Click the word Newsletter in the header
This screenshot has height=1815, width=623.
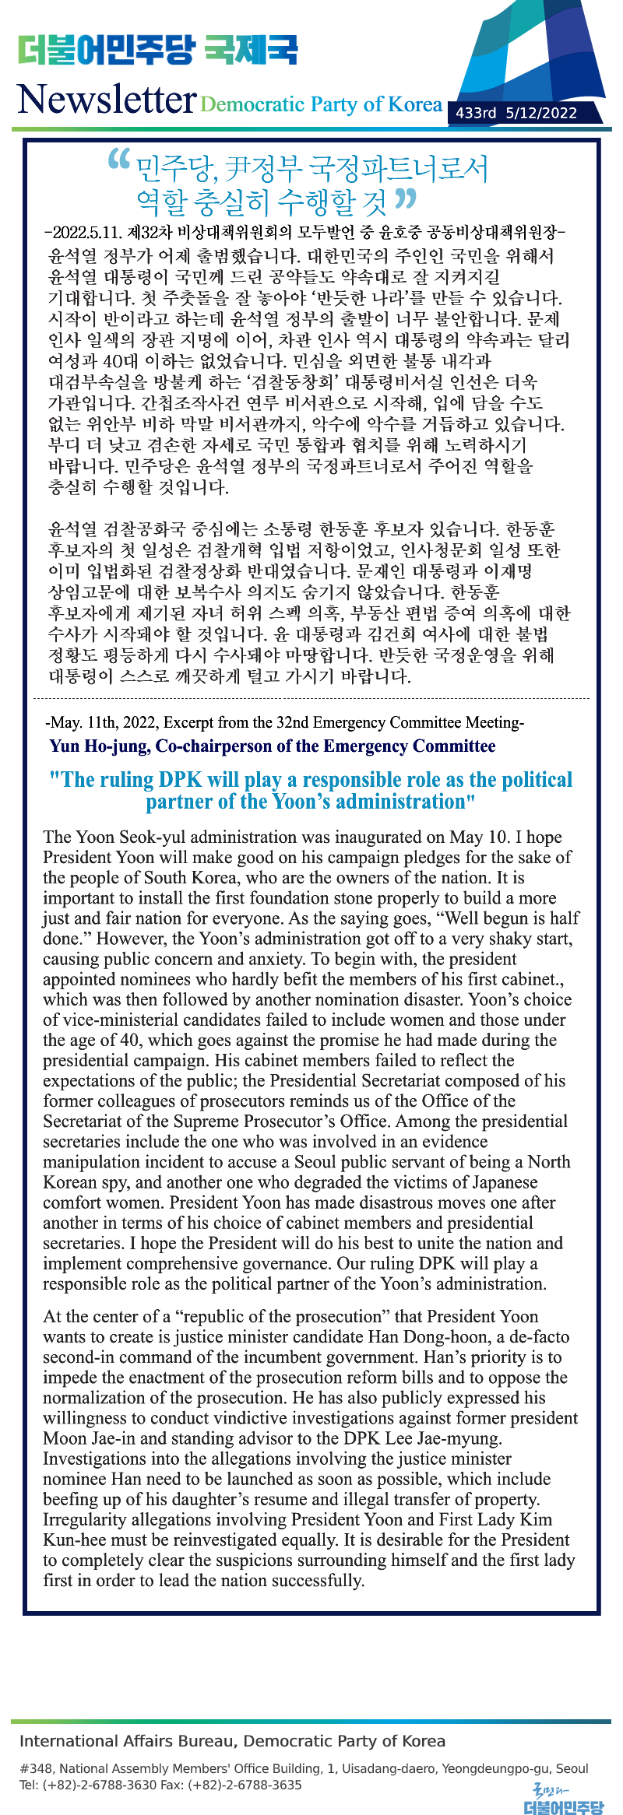pos(107,100)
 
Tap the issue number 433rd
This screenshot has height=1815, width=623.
pos(476,113)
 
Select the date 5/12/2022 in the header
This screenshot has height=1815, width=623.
pos(541,113)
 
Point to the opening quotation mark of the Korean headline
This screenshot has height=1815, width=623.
pos(118,160)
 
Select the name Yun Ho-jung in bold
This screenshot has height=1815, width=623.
pos(99,746)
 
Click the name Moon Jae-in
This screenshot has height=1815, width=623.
pos(90,1438)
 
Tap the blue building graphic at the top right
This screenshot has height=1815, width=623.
pos(530,58)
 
